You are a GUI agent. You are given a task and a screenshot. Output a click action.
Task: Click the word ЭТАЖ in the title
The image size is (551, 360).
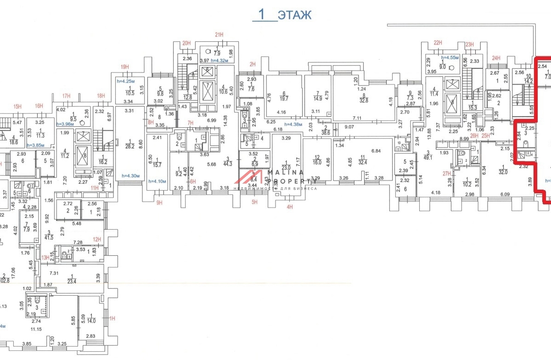tap(294, 15)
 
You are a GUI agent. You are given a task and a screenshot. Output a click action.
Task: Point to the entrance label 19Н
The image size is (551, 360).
tap(124, 67)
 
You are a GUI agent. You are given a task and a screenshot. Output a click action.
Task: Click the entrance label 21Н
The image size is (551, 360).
tap(219, 35)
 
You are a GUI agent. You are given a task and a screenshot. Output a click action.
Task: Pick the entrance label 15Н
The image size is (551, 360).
tap(17, 107)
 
